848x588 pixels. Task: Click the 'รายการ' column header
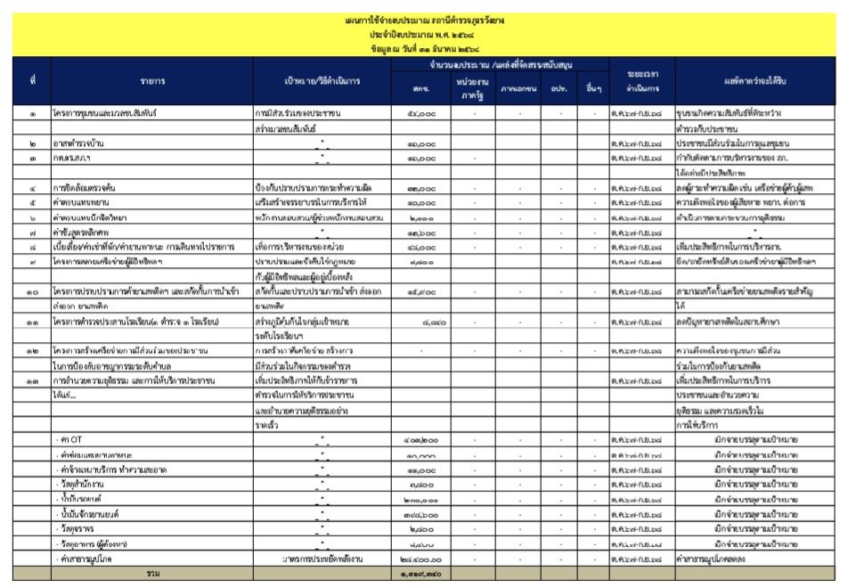point(152,81)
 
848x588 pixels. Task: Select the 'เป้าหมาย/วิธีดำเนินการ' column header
point(322,81)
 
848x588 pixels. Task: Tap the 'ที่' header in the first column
point(32,81)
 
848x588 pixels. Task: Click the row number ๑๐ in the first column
point(32,291)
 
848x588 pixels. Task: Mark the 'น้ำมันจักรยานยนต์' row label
point(88,514)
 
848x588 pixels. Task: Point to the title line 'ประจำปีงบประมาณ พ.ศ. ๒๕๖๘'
point(423,33)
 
